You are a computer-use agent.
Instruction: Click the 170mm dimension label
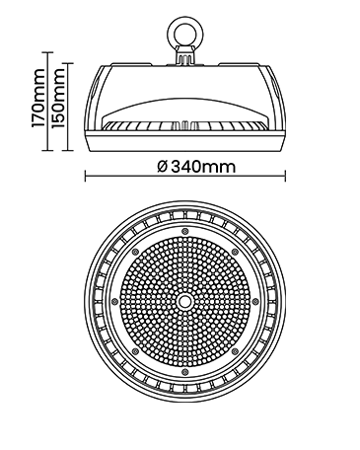(x=37, y=98)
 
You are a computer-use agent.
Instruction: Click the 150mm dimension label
(x=58, y=98)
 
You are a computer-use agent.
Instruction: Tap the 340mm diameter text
(x=203, y=167)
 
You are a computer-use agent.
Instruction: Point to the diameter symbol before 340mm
(x=163, y=167)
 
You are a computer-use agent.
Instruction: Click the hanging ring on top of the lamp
(x=185, y=34)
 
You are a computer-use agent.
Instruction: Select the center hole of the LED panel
(x=185, y=301)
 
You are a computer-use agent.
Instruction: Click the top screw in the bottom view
(x=185, y=230)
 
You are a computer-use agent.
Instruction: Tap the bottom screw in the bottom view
(x=185, y=371)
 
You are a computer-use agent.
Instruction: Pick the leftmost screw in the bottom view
(x=114, y=301)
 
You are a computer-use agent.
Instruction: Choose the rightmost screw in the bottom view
(x=255, y=301)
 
